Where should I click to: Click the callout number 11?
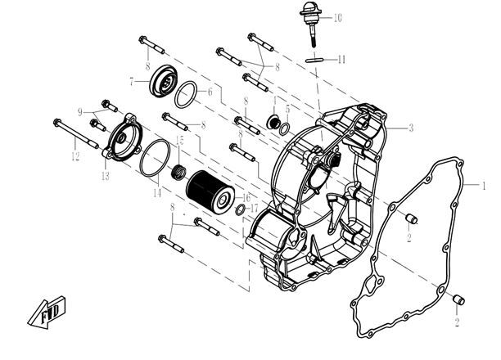[x=342, y=59]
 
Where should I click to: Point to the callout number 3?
[x=411, y=128]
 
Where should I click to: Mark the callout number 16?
[x=246, y=199]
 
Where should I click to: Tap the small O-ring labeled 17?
[x=241, y=210]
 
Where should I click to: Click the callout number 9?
[x=80, y=111]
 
